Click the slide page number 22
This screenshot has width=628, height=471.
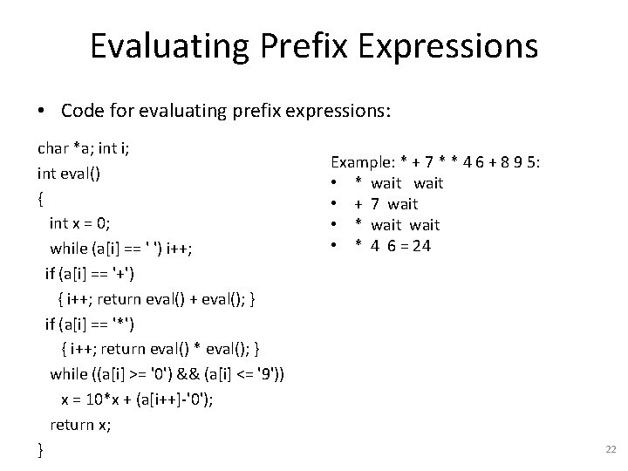pos(610,448)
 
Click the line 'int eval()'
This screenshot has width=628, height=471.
pos(70,173)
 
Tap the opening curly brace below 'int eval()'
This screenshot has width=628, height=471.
pos(41,198)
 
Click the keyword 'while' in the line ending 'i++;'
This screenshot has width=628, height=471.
pos(68,249)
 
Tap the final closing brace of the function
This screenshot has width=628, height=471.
pos(41,450)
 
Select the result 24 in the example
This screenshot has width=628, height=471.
pos(421,246)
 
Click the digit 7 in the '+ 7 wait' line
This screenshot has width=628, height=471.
pos(374,204)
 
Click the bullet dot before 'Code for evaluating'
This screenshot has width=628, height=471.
pos(42,111)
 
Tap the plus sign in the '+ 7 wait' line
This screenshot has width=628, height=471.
pos(357,204)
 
